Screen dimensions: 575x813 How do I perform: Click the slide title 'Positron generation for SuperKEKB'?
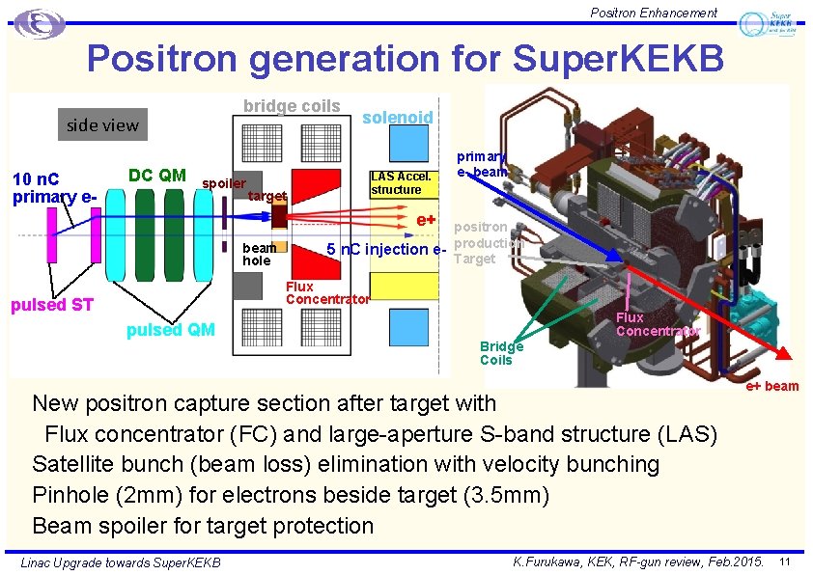click(405, 60)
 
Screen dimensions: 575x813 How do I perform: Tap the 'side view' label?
click(102, 124)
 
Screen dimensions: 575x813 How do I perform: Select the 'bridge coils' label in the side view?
click(291, 106)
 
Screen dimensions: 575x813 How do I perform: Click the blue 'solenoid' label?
click(397, 117)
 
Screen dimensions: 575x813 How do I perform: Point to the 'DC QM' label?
click(157, 175)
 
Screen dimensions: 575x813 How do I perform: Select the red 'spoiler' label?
click(224, 183)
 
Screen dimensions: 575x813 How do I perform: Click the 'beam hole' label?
click(258, 255)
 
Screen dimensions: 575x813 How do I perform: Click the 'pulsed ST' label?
click(51, 306)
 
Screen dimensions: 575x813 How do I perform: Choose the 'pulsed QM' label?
click(171, 330)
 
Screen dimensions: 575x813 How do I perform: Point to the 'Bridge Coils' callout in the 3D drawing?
click(501, 353)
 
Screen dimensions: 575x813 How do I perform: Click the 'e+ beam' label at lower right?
click(771, 386)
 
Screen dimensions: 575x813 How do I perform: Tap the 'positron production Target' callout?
click(475, 242)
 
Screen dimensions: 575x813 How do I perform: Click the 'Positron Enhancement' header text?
click(654, 13)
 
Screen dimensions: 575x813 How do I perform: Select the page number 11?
click(785, 561)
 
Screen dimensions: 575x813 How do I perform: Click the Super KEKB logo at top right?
click(767, 24)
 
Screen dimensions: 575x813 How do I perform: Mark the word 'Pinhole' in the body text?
click(69, 495)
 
